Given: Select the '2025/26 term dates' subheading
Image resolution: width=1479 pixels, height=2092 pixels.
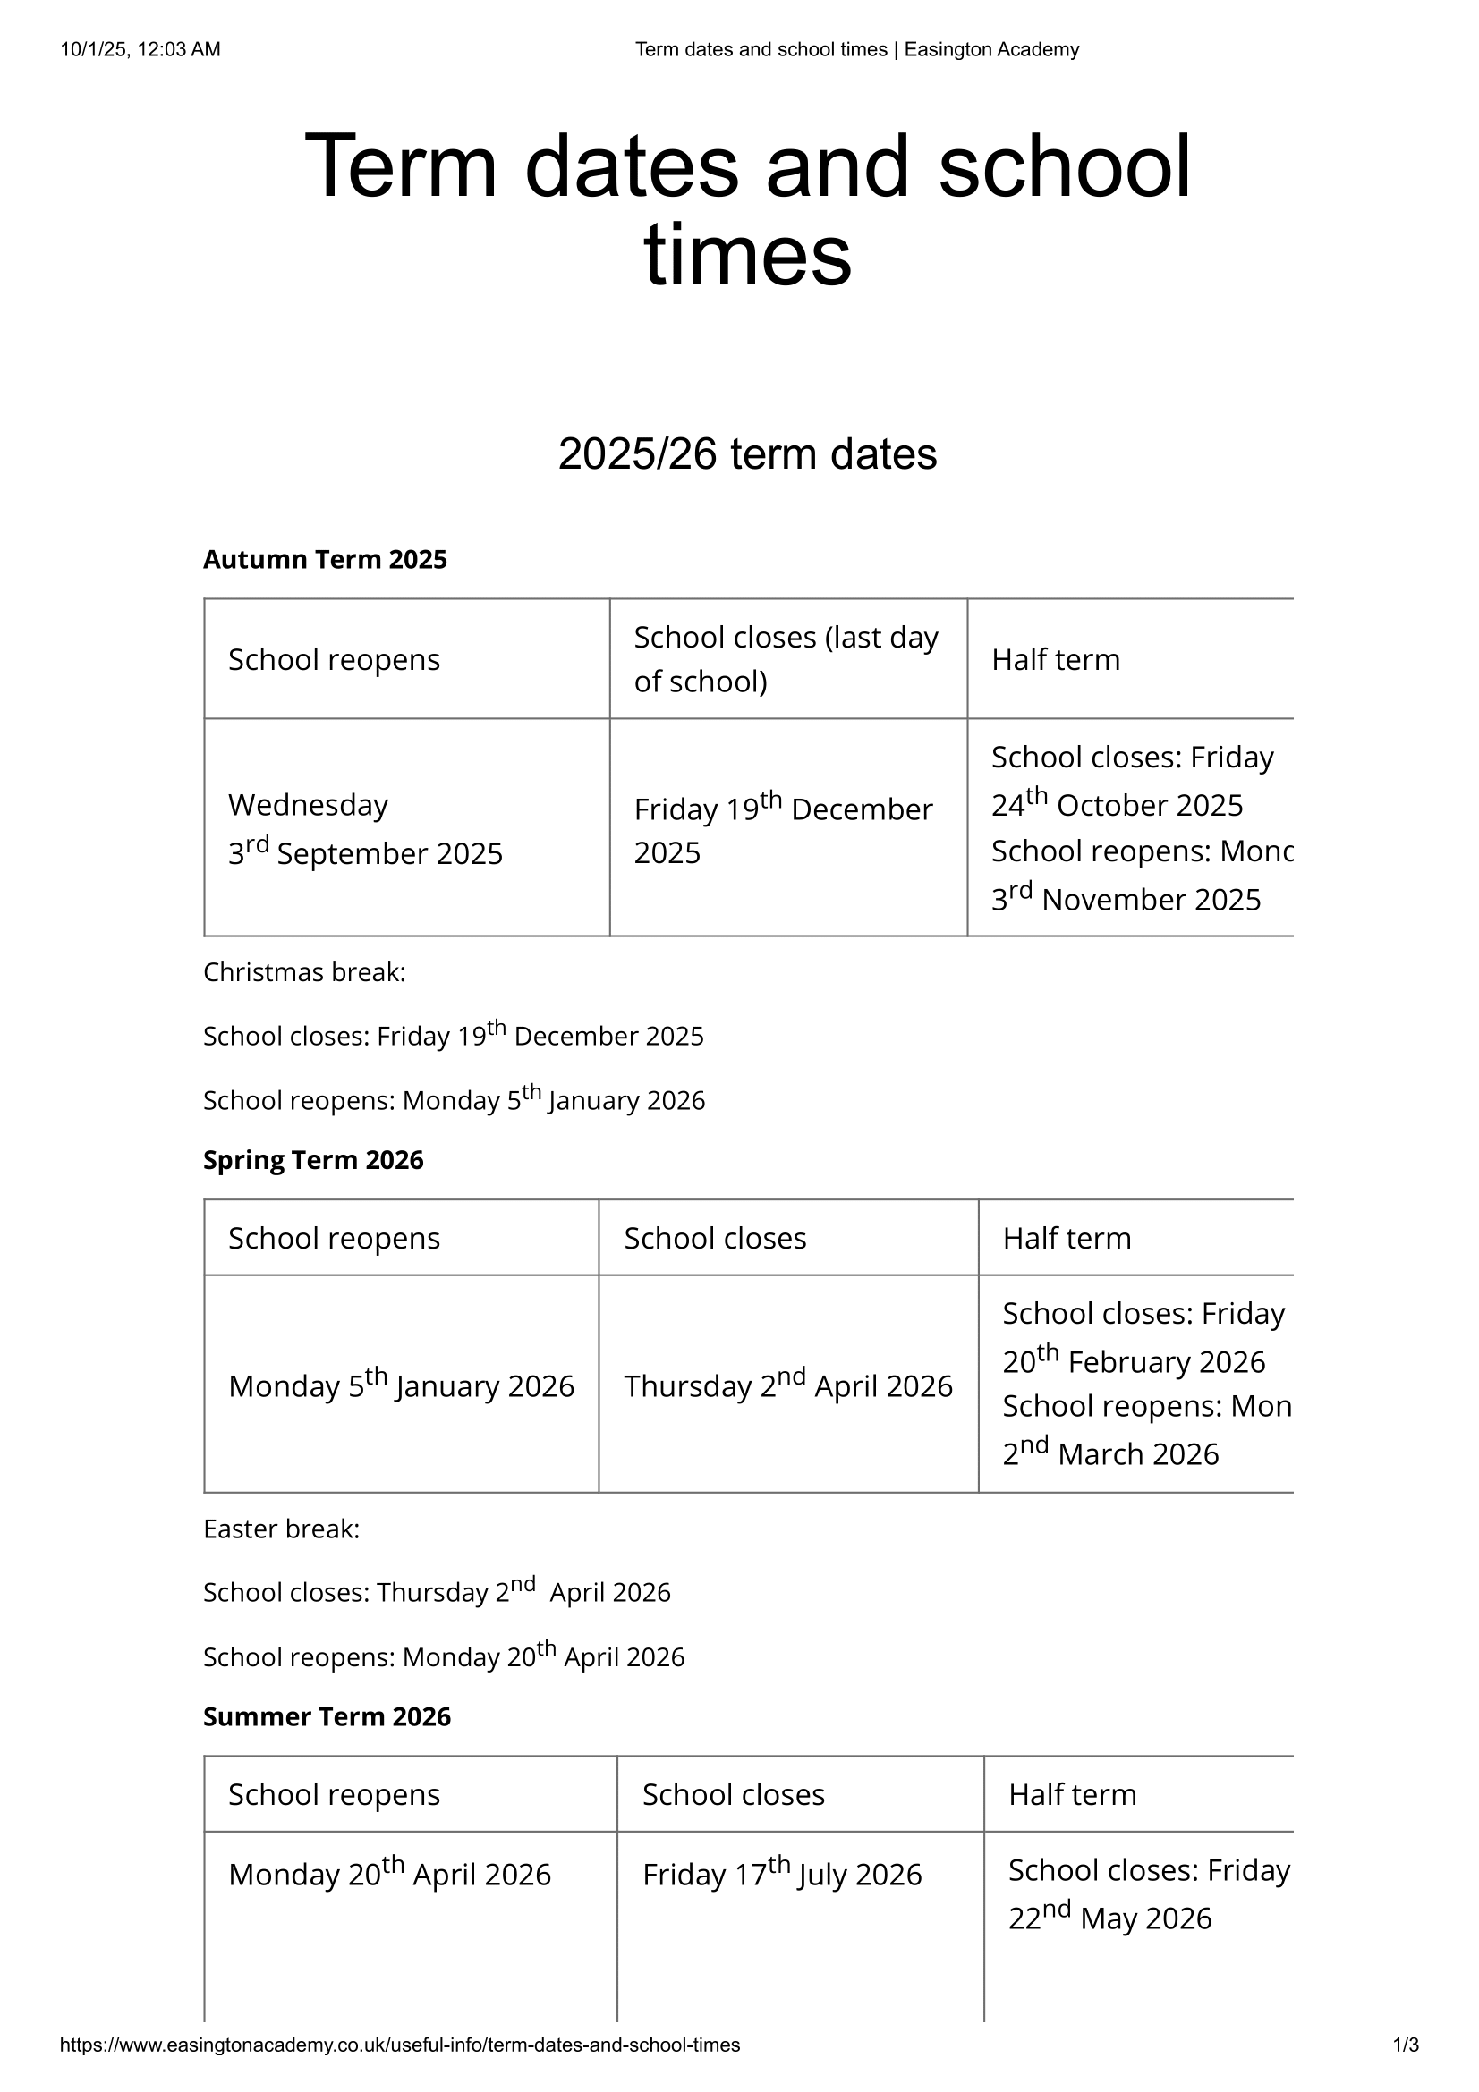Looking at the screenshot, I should tap(747, 453).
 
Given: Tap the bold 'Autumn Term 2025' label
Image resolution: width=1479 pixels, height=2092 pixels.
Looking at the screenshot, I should tap(326, 559).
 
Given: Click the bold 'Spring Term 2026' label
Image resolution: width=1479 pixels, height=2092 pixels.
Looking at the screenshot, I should tap(313, 1160).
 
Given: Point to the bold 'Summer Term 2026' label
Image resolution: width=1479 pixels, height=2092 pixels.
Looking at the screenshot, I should tap(327, 1716).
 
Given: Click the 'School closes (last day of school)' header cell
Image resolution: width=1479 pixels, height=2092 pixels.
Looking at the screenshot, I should tap(786, 659).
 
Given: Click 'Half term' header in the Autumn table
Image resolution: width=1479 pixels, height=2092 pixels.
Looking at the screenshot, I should tap(1056, 660).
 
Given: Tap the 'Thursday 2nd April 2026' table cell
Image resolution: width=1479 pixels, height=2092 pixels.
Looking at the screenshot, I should tap(788, 1385).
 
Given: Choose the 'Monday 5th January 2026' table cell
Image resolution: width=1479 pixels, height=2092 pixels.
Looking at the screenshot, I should tap(401, 1385).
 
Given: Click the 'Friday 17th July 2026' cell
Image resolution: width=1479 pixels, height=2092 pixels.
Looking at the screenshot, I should tap(782, 1874).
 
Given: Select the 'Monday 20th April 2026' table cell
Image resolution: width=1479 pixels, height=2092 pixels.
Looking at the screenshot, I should tap(390, 1874).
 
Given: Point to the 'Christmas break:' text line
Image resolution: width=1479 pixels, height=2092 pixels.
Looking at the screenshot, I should tap(304, 973).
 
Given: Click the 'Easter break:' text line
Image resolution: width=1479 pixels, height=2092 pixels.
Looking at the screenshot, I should tap(282, 1529).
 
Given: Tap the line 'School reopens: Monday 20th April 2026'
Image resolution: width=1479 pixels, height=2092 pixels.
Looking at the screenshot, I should tap(444, 1656).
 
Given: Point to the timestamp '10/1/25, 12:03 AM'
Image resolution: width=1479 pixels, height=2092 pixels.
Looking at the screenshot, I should tap(140, 50).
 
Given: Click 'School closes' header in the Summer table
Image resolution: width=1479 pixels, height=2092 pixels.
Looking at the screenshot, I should tap(734, 1794).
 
